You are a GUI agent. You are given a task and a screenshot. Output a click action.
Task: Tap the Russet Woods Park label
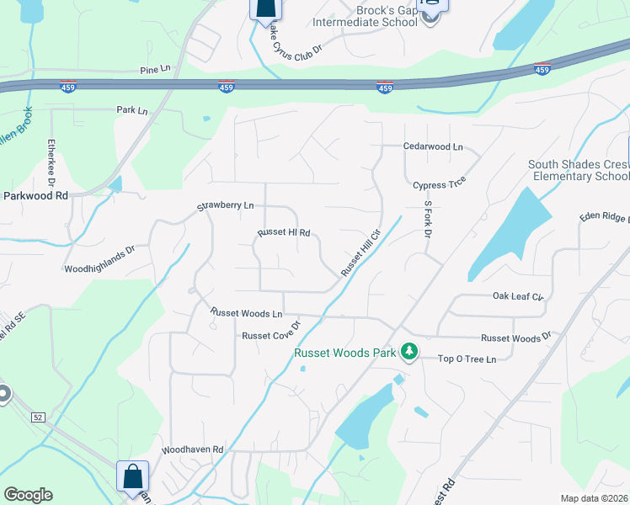tap(344, 353)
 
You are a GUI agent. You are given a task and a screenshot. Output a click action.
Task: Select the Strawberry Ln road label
tap(225, 205)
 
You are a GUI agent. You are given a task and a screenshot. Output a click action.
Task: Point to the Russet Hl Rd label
tap(284, 232)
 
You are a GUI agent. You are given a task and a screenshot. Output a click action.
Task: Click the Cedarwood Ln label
tap(433, 146)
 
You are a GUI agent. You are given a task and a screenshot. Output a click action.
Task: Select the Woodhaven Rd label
tap(193, 450)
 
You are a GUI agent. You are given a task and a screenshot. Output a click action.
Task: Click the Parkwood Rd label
tap(35, 195)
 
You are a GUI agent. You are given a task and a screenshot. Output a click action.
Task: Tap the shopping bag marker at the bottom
tap(133, 476)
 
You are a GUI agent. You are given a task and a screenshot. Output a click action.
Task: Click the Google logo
tap(28, 495)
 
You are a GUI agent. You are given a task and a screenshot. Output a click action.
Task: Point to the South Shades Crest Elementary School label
tap(578, 171)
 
